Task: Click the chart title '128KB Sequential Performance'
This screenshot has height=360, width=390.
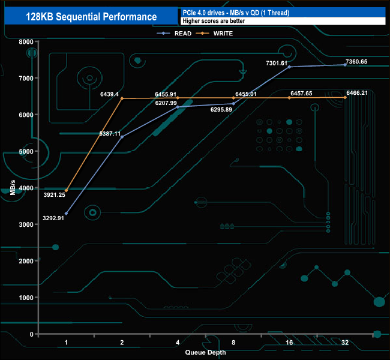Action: pos(92,17)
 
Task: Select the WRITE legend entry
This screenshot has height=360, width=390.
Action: pos(222,34)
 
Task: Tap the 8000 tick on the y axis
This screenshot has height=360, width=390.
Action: pos(25,42)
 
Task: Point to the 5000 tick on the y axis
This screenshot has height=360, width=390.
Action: pos(25,152)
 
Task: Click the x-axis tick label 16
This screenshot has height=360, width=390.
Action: pos(289,343)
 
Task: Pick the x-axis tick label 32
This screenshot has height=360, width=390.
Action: pos(345,343)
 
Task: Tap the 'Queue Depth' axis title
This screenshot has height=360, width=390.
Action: pos(206,352)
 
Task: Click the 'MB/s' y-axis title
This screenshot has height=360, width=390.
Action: pos(13,187)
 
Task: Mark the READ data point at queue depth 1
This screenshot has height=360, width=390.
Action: pos(66,214)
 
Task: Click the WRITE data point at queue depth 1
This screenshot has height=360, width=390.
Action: pos(66,191)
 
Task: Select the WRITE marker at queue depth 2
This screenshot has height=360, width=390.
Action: pos(122,98)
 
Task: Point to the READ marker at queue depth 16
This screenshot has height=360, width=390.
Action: pos(289,67)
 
